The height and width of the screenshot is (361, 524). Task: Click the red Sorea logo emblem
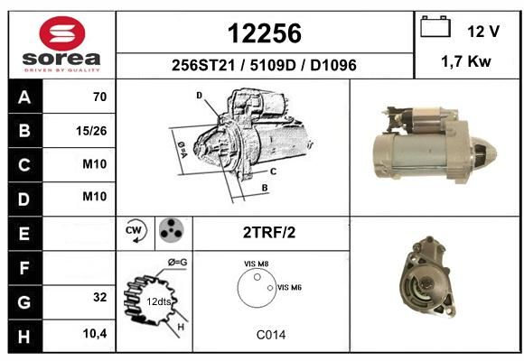click(x=62, y=33)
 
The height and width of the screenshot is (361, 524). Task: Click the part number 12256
click(x=265, y=33)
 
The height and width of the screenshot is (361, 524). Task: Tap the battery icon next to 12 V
click(x=435, y=26)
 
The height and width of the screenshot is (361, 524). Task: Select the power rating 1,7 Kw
click(x=466, y=61)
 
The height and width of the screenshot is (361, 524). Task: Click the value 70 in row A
click(x=100, y=97)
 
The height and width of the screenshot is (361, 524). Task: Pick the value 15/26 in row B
click(x=91, y=131)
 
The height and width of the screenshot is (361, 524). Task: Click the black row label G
click(x=25, y=302)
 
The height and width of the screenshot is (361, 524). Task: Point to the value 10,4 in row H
click(x=95, y=333)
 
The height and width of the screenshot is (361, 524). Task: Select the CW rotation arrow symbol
click(x=136, y=230)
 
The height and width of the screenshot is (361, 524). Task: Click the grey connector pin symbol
click(x=171, y=229)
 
